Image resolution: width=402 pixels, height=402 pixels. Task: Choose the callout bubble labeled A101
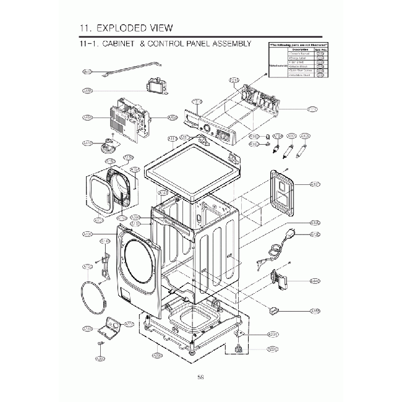(315, 184)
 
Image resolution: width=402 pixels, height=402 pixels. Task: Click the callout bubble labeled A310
(87, 328)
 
